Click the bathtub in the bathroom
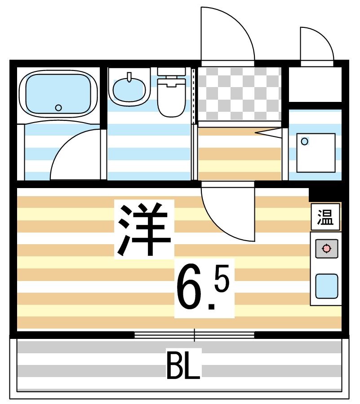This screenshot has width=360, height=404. click(58, 93)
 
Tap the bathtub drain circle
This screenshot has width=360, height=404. click(58, 108)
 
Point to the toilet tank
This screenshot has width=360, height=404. click(171, 71)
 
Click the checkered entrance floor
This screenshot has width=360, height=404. click(239, 94)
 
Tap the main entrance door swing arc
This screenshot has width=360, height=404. click(227, 34)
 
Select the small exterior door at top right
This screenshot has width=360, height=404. click(316, 45)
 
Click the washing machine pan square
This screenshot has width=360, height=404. click(316, 153)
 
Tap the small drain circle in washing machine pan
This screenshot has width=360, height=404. click(305, 142)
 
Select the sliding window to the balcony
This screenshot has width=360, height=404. click(194, 334)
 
